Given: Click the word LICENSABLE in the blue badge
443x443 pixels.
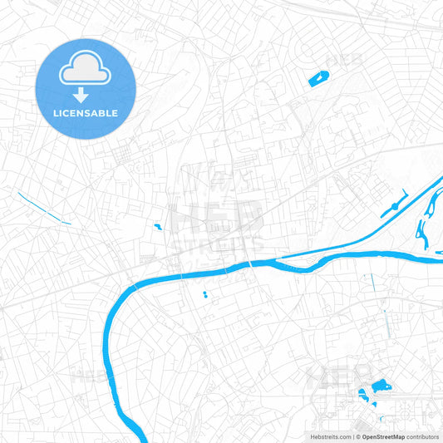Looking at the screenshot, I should click(x=86, y=113).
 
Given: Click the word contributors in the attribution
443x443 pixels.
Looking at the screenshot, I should click(x=423, y=436).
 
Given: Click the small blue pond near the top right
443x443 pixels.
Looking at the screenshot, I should click(x=318, y=79).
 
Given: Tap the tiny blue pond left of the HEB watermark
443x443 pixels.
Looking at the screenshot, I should click(x=157, y=225).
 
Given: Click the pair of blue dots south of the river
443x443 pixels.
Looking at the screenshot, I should click(x=204, y=294).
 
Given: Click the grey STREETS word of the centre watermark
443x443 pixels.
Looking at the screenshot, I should click(x=221, y=242).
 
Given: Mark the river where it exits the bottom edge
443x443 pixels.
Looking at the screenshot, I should click(x=141, y=437).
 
